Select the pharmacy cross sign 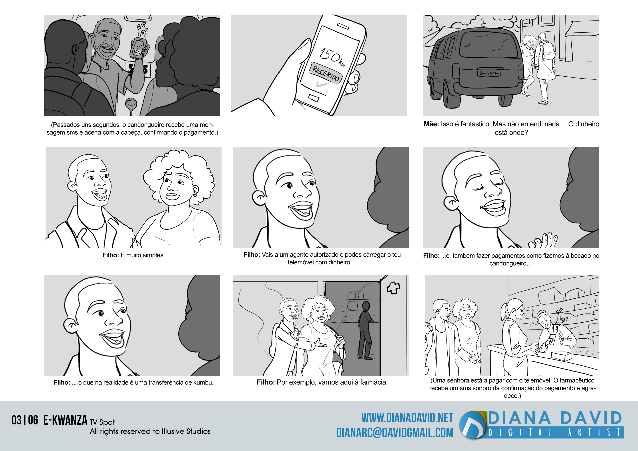393,288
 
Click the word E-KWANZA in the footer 65,420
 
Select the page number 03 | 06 25,420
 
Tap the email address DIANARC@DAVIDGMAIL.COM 395,433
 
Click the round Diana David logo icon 472,425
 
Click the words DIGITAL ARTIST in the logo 555,432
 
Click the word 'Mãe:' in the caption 431,124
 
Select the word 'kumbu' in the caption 203,382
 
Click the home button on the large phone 314,97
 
